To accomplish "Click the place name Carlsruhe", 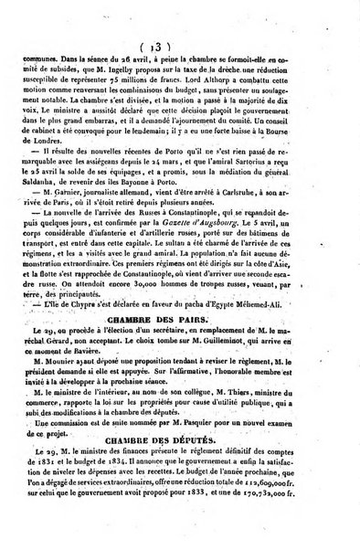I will (248, 207).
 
